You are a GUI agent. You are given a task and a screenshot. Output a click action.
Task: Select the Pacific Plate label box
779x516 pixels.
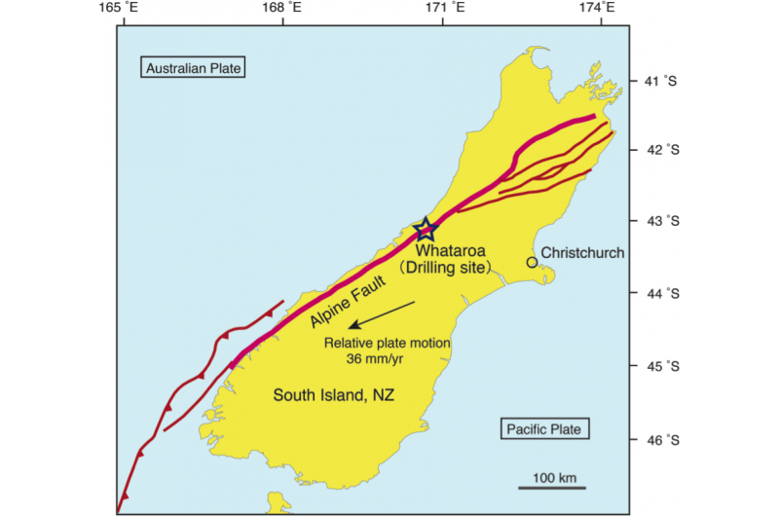click(x=546, y=428)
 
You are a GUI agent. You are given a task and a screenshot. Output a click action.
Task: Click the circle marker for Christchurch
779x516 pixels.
click(x=532, y=262)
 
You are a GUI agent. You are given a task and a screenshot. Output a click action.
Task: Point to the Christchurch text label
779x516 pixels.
click(x=582, y=253)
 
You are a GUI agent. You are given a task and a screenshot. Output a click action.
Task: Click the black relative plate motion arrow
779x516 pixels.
click(x=383, y=316)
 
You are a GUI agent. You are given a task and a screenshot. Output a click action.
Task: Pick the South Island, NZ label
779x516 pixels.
click(x=326, y=394)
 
